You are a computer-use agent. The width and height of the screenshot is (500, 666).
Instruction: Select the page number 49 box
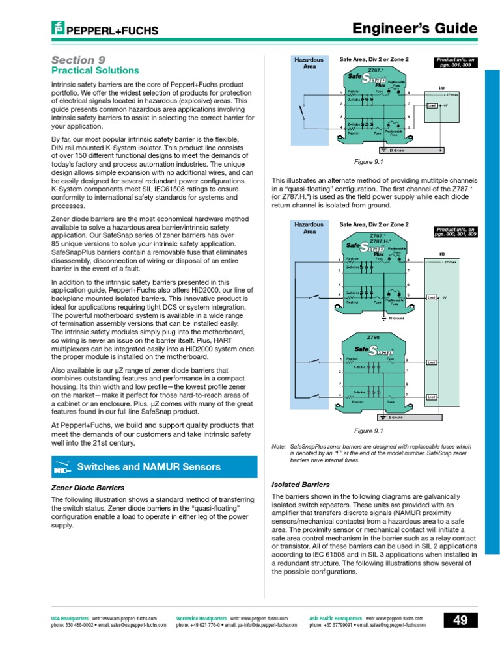pos(460,620)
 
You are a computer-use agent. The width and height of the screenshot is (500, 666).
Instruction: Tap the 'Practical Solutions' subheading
pos(94,70)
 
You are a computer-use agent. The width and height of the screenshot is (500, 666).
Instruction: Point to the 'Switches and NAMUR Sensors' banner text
pos(148,467)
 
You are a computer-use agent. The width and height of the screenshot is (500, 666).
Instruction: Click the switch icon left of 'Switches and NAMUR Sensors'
pos(62,467)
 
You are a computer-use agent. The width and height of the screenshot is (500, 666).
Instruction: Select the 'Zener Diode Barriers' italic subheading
pos(87,487)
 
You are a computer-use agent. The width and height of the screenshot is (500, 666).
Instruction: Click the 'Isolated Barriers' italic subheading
pos(301,485)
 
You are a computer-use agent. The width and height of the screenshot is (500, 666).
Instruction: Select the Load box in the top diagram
pos(432,105)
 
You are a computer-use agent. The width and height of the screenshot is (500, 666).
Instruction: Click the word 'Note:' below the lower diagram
pos(278,447)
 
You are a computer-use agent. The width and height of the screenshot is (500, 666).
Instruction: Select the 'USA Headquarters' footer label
pos(70,618)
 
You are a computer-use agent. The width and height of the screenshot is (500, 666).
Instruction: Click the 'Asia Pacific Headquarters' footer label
pos(335,618)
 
